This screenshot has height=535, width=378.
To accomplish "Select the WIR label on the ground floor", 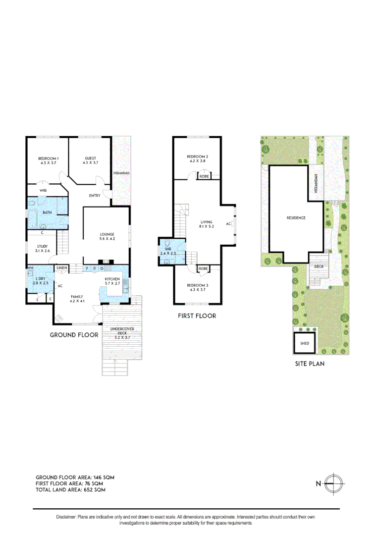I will [x=43, y=189].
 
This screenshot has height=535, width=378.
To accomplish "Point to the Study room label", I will [x=42, y=248].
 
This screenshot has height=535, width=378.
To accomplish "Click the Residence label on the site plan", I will [x=296, y=217].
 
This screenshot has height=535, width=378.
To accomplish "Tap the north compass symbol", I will [x=335, y=482].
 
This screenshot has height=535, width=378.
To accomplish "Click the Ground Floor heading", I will [x=74, y=335].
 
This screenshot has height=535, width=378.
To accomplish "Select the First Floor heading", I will [x=197, y=316].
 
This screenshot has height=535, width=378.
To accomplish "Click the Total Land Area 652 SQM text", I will [x=70, y=489].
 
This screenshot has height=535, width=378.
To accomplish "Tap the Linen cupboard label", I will [x=61, y=268].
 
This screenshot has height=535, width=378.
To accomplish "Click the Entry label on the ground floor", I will [x=95, y=196].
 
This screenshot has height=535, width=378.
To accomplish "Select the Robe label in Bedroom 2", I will [x=204, y=176].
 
